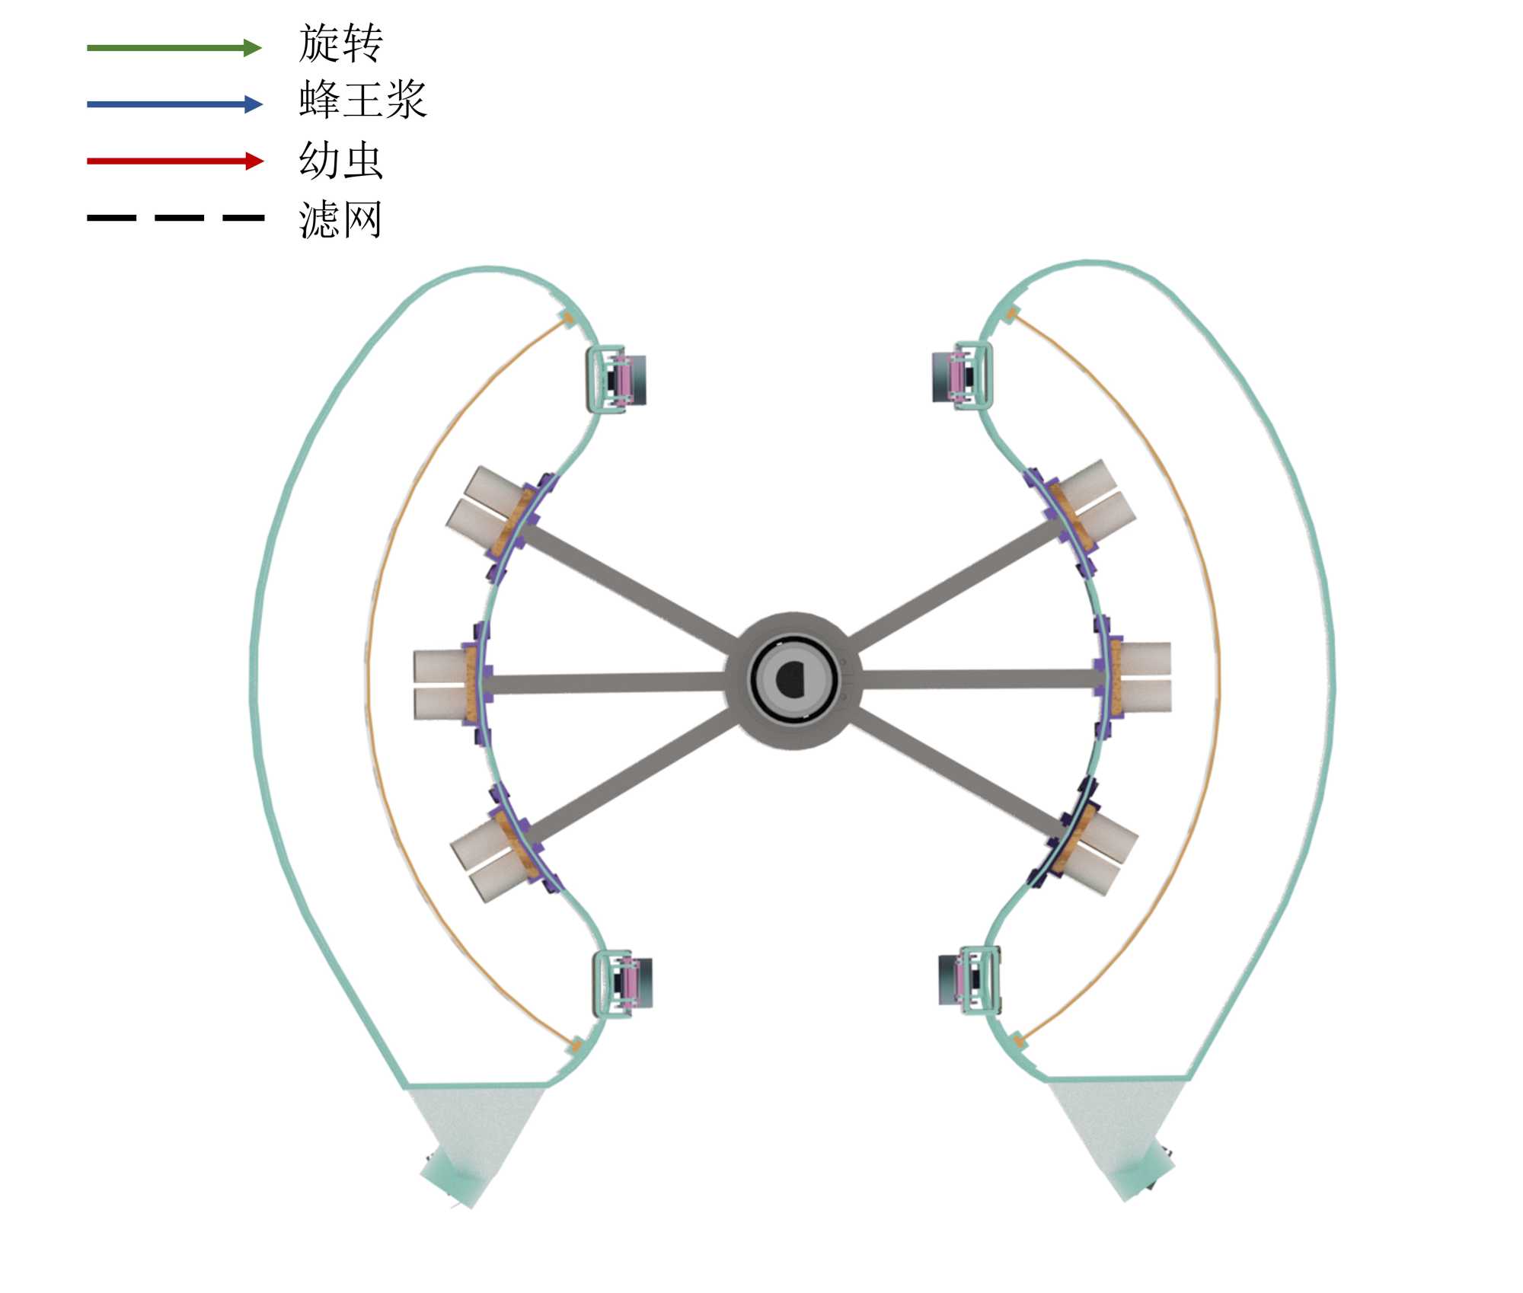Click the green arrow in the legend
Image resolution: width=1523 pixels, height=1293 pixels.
(174, 48)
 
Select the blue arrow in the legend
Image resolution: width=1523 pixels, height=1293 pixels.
(174, 104)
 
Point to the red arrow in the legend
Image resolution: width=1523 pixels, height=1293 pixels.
(175, 161)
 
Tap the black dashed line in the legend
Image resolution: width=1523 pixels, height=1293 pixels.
(175, 218)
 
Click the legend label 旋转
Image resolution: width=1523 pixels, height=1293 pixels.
(340, 43)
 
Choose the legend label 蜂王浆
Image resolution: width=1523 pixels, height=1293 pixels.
(362, 100)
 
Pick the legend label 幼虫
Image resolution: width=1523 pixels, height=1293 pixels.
(340, 160)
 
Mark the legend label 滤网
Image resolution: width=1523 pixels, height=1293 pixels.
(340, 220)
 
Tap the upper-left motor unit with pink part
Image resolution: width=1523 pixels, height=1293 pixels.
(616, 379)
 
